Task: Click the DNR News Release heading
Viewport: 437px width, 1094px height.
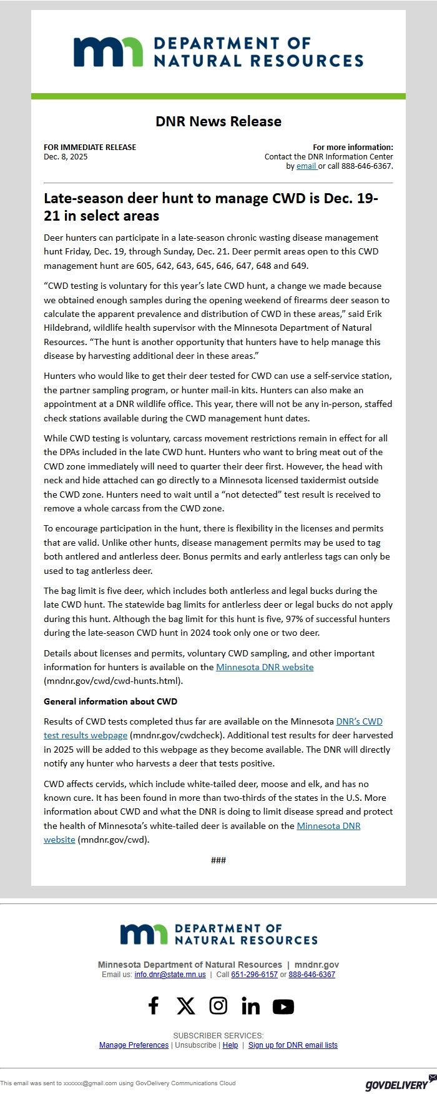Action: (219, 121)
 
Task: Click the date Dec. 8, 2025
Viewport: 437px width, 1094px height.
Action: (66, 157)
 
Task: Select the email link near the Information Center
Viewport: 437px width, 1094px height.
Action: (306, 166)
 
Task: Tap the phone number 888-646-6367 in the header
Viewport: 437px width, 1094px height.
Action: (368, 166)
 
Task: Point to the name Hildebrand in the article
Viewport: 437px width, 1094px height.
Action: (66, 328)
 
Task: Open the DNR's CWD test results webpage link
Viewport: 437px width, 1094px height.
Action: (359, 721)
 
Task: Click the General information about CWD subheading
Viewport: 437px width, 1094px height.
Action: (110, 701)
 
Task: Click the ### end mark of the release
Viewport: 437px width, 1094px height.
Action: (219, 860)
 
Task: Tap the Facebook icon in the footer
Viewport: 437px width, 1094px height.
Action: (153, 1006)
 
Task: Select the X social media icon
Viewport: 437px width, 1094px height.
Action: (185, 1006)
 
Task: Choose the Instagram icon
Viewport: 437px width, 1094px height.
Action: (218, 1006)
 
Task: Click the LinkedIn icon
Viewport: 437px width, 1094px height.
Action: (250, 1006)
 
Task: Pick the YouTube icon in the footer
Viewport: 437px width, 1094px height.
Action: (283, 1006)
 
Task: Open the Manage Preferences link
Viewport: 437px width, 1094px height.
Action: (134, 1045)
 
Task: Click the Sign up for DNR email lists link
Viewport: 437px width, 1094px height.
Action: (293, 1045)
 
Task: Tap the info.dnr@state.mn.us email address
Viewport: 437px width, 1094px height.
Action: (170, 975)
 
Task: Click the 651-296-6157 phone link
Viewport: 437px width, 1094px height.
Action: (254, 975)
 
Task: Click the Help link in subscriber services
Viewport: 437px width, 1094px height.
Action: (230, 1045)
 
